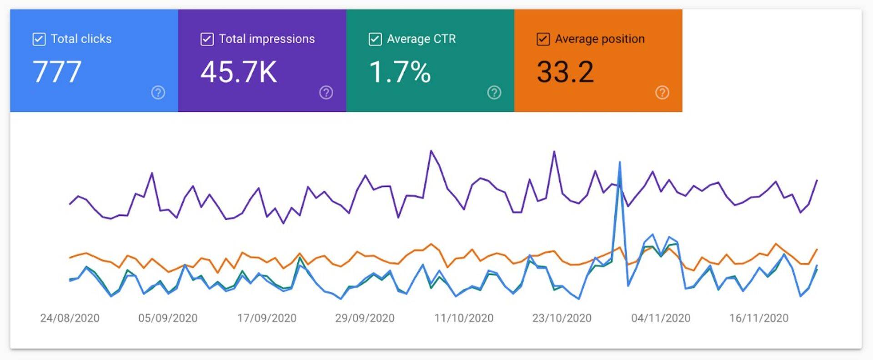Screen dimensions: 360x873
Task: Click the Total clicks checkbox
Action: click(39, 39)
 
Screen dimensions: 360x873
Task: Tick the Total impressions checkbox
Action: click(207, 39)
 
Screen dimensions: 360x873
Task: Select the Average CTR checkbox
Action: click(375, 39)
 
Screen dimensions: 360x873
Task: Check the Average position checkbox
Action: click(543, 39)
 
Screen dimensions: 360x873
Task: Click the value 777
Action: click(57, 72)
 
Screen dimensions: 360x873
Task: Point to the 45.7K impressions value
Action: click(239, 72)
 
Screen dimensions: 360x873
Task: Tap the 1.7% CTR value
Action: click(400, 72)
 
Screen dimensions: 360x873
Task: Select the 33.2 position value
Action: click(565, 72)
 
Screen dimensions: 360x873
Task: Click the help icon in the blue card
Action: click(158, 93)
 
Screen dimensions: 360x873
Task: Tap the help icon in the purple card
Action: click(326, 93)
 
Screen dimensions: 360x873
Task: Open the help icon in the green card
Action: click(494, 93)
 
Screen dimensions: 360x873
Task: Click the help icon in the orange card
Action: click(662, 93)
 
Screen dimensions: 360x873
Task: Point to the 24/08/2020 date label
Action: click(70, 318)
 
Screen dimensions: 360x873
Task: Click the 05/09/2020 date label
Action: click(168, 318)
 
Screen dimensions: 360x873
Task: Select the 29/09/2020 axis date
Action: click(365, 318)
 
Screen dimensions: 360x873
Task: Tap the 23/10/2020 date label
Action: click(562, 318)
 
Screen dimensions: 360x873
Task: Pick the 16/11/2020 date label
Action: click(759, 318)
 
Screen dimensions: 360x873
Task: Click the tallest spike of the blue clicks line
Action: click(620, 163)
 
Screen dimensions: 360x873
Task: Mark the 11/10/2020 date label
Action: click(463, 318)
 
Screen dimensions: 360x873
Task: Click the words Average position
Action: click(600, 39)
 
